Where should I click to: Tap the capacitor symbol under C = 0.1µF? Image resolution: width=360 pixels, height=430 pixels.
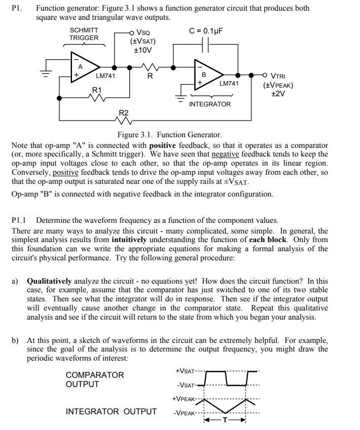coord(206,47)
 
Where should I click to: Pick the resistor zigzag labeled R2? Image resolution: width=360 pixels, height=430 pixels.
coord(124,121)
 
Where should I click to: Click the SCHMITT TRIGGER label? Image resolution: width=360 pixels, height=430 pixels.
coord(84,34)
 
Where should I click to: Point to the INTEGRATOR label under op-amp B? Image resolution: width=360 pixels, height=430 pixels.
coord(209,104)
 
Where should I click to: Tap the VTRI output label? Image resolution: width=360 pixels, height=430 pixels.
coord(278,76)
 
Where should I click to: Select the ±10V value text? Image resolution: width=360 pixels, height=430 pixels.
coord(142,50)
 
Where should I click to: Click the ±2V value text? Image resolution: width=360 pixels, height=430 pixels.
coord(278,94)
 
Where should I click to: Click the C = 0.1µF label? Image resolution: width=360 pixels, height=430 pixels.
coord(206,30)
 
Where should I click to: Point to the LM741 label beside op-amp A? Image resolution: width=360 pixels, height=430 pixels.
coord(105,76)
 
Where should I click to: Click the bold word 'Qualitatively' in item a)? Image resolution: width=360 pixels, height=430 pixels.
coord(50,281)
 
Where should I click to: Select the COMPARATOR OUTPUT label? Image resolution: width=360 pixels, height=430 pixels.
coord(95,379)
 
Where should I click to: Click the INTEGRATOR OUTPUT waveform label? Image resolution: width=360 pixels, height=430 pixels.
coord(111,411)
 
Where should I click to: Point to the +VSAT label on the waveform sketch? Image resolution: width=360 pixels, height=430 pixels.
coord(186,371)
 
